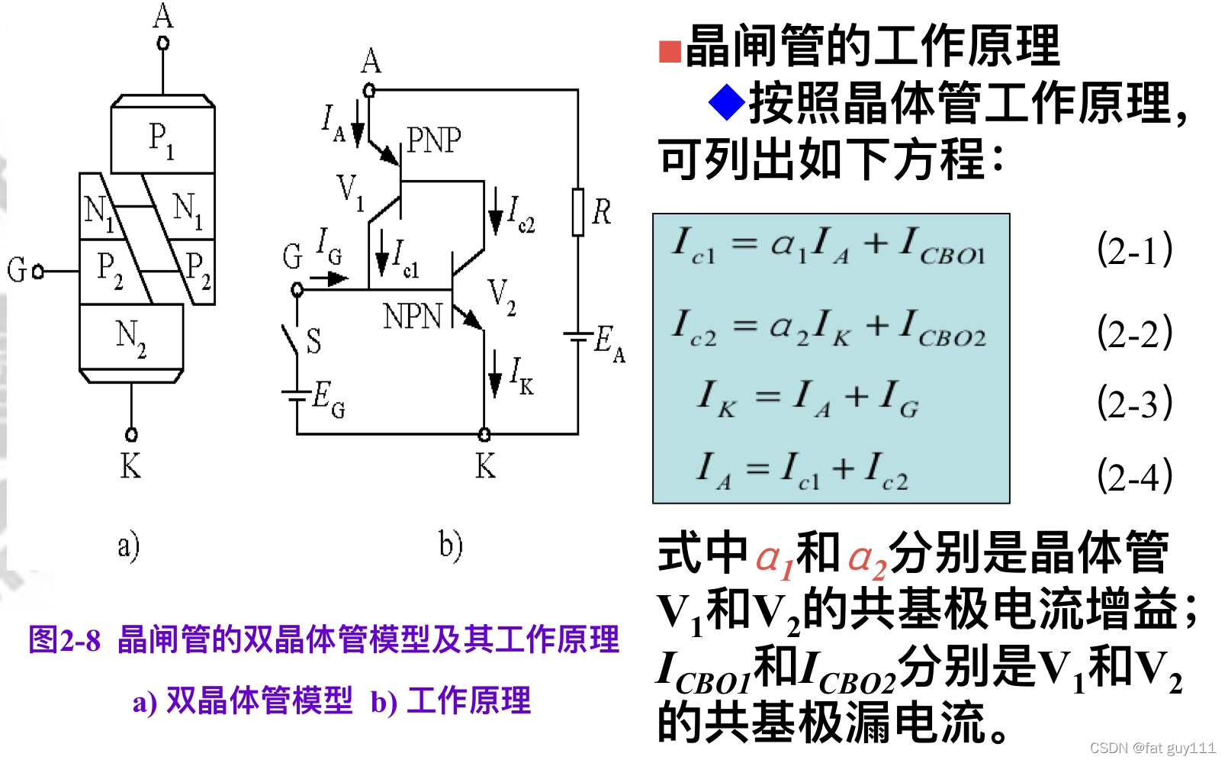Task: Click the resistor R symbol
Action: tap(578, 212)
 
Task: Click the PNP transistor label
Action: tap(433, 140)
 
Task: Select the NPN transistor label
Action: tap(413, 316)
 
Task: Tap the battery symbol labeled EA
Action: tap(578, 336)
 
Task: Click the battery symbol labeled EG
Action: tap(296, 394)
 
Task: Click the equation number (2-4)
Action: tap(1134, 475)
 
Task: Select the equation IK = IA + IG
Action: tap(808, 399)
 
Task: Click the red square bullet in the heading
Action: tap(670, 51)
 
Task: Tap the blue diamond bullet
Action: tap(726, 101)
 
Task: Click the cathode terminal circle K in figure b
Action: tap(484, 435)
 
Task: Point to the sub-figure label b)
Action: tap(450, 546)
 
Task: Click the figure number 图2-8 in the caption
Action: tap(65, 640)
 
